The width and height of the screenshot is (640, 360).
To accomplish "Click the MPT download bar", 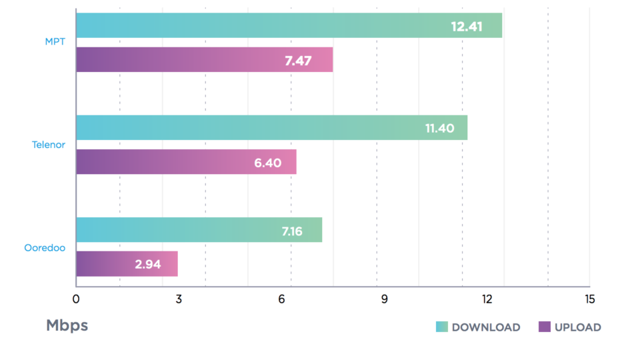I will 289,25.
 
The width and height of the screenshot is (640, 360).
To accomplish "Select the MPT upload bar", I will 204,60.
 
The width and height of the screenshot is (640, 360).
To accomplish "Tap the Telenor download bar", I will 271,127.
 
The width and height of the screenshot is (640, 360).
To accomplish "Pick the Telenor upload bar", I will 186,162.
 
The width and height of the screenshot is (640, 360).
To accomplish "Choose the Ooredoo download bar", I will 199,230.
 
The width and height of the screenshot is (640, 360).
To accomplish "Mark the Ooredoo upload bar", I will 127,264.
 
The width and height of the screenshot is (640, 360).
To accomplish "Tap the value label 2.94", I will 148,265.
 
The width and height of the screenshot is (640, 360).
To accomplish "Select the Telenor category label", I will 49,145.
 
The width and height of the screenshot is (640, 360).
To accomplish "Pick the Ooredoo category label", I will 45,247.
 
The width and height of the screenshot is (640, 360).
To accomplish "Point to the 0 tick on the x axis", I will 76,299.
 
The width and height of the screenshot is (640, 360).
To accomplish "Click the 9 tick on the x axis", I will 385,299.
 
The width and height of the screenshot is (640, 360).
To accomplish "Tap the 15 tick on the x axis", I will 589,299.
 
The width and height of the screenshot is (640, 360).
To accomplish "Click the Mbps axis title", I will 67,326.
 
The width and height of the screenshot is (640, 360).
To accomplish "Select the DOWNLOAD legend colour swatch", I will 442,327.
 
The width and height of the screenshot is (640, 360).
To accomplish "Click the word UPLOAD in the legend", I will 577,327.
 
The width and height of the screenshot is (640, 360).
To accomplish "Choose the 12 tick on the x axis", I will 487,299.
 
